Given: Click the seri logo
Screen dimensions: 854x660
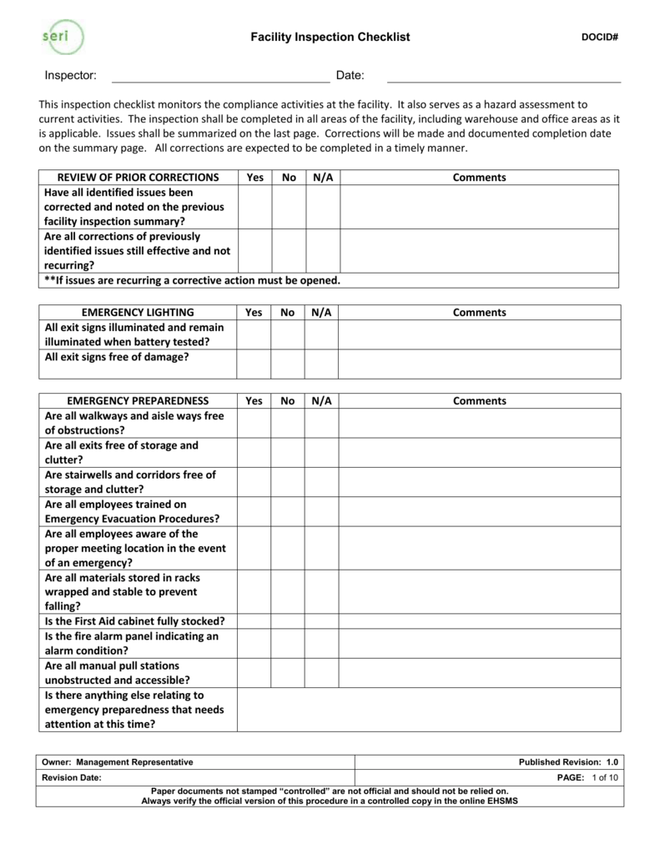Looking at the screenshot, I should point(61,37).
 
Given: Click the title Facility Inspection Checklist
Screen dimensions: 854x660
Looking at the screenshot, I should point(331,38).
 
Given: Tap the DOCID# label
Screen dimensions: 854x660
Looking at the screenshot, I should point(598,38).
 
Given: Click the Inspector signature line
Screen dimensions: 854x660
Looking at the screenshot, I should point(220,78).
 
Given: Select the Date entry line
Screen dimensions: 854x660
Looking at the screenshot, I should point(504,78).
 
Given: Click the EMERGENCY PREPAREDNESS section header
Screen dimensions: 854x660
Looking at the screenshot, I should point(138,401).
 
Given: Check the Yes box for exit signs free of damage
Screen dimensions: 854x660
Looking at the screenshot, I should point(254,364).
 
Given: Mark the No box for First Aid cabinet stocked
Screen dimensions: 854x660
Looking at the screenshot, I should point(288,621).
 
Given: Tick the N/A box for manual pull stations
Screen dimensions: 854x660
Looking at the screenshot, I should point(321,673).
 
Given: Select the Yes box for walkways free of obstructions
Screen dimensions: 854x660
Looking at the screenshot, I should point(254,423).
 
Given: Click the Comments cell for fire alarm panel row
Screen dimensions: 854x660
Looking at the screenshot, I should point(479,643).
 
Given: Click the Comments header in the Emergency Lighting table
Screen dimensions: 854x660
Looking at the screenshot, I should point(479,313).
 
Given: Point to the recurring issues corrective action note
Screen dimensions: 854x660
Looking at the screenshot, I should point(193,280).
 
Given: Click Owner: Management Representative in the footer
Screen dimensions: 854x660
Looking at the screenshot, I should point(118,762).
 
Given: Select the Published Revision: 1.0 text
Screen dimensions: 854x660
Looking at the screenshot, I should point(568,762).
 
